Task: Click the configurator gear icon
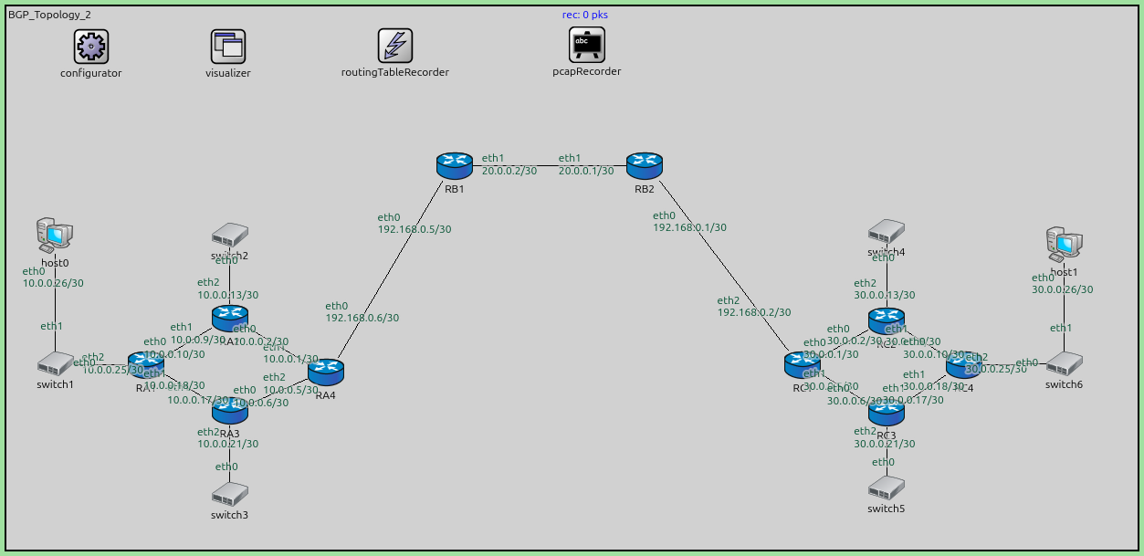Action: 90,46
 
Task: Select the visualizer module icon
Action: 227,46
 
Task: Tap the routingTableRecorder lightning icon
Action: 395,46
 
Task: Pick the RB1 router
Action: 454,165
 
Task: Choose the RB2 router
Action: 644,165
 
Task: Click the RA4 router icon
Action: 326,372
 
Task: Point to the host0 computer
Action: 55,236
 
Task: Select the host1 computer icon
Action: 1064,243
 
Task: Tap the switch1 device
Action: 55,363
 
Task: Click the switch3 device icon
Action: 229,494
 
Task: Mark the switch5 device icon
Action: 886,488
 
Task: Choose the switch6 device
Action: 1064,364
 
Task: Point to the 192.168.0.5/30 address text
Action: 415,229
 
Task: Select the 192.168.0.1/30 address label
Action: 689,227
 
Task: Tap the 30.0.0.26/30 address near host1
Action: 1062,289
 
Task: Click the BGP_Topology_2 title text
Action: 49,15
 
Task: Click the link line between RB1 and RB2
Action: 549,165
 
